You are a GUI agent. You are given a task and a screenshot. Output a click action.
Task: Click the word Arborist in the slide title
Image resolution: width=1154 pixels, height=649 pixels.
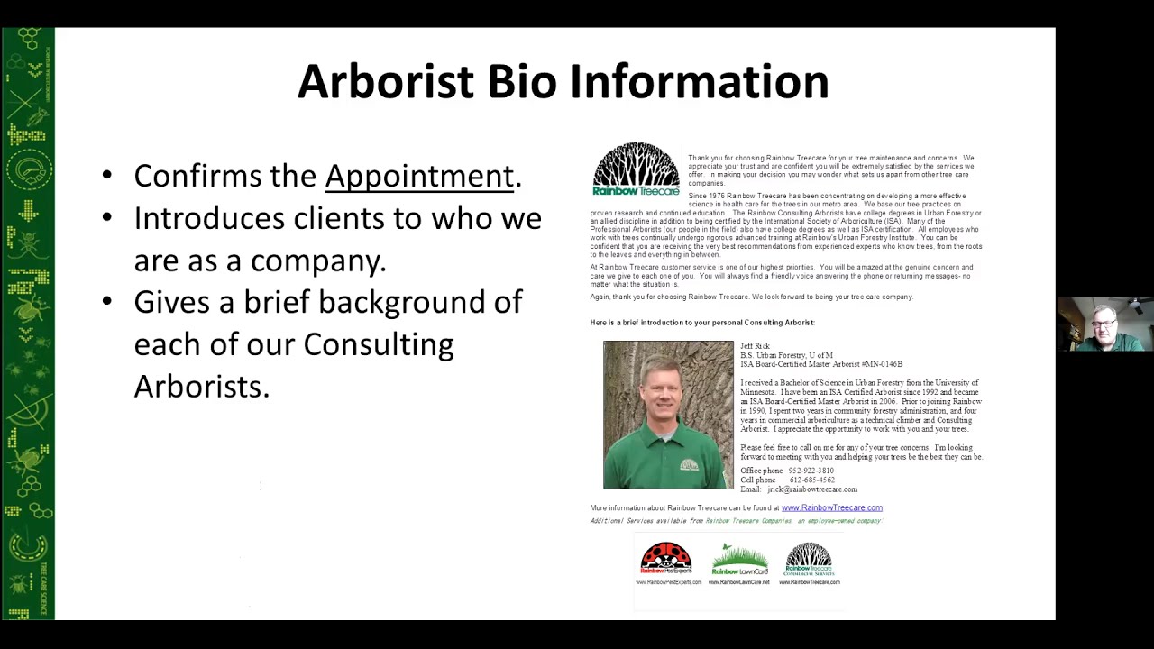click(385, 81)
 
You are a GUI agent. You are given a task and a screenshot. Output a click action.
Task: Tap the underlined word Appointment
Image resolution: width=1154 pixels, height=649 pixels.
click(419, 176)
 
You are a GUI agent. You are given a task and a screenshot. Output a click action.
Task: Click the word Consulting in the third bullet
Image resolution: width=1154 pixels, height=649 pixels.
click(378, 344)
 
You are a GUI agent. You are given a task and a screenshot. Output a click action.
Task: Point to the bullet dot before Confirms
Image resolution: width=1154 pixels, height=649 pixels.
click(108, 176)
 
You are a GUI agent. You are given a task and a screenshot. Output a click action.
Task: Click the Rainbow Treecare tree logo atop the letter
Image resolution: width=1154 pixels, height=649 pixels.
click(637, 169)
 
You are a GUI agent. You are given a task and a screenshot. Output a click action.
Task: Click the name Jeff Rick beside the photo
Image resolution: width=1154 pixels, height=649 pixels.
click(755, 346)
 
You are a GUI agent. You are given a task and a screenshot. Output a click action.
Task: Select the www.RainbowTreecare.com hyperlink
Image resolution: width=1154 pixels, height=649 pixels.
click(831, 507)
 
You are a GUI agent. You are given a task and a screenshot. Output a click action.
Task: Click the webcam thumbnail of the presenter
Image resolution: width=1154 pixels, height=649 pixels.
click(1105, 324)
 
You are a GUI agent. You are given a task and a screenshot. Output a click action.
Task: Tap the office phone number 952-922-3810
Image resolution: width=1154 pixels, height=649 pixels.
click(811, 471)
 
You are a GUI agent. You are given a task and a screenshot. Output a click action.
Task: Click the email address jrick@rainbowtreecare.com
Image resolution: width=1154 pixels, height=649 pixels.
click(812, 489)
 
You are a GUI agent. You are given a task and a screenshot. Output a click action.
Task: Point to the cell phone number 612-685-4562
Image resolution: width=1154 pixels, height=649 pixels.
click(811, 480)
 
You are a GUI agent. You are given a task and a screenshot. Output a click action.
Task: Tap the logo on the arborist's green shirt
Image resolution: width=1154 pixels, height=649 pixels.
click(689, 464)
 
